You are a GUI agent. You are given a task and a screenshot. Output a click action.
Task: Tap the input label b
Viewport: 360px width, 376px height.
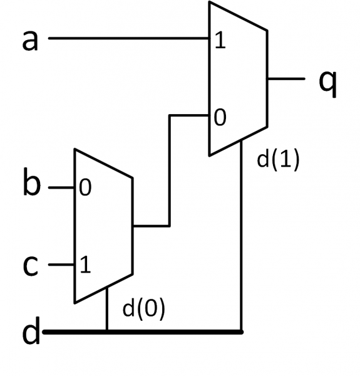[x=32, y=182]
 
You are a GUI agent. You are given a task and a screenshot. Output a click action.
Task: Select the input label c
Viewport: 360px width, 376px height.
[x=31, y=266]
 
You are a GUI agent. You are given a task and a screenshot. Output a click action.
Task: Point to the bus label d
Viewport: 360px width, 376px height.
[x=31, y=330]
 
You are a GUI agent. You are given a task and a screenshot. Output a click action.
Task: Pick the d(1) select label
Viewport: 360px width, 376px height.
[x=278, y=160]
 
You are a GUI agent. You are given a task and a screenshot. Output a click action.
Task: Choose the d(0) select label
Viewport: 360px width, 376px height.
[x=144, y=308]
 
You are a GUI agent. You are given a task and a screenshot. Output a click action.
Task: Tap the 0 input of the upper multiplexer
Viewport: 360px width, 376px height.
[x=220, y=117]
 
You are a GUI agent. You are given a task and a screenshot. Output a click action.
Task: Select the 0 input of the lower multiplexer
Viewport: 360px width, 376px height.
[x=85, y=187]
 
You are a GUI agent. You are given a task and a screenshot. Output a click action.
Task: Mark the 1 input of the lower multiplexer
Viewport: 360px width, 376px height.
[x=85, y=264]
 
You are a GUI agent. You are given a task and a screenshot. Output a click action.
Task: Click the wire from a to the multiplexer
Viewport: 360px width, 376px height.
[x=129, y=38]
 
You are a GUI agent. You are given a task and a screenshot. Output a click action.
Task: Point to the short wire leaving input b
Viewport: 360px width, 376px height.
[x=61, y=187]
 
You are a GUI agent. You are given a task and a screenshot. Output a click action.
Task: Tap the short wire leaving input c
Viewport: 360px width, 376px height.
[x=61, y=264]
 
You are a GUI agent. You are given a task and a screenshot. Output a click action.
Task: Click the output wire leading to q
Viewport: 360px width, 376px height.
[x=286, y=79]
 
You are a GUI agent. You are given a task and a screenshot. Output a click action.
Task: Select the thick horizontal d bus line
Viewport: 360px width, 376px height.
[x=143, y=332]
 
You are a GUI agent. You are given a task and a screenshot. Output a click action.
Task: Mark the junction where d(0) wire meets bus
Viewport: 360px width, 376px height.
[x=107, y=332]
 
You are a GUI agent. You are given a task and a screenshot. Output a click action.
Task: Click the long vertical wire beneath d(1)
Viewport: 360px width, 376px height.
[x=241, y=236]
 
